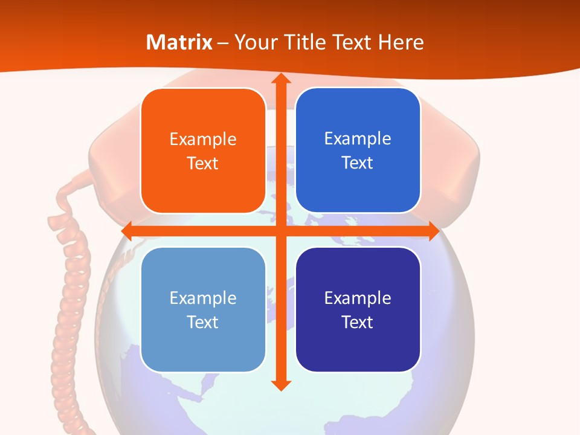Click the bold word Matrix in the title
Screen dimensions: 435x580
[179, 42]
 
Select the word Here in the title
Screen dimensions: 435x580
[401, 42]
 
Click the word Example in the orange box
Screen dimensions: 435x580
[203, 140]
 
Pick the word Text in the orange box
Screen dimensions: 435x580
[203, 164]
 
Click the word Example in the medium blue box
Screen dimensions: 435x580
[358, 139]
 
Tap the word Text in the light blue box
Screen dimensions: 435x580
[203, 322]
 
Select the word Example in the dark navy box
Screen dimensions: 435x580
[358, 298]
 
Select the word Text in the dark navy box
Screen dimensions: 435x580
[358, 322]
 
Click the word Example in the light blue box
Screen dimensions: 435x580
[203, 298]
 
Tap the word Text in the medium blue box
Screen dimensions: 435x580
[358, 163]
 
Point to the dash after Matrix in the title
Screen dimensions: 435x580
[223, 43]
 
